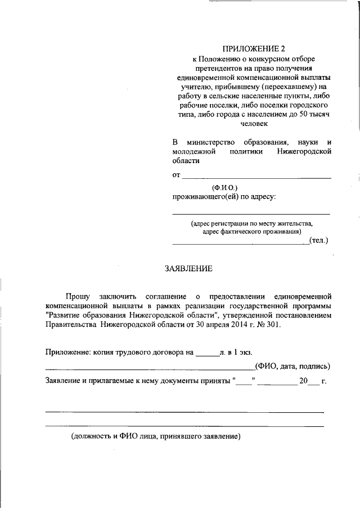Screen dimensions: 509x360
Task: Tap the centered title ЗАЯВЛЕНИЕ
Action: coord(188,268)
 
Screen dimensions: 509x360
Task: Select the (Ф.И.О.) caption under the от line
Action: coord(225,186)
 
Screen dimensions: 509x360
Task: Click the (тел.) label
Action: coord(319,241)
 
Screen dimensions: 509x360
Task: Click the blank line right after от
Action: coord(256,176)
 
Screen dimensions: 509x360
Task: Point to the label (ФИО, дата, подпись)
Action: coord(292,367)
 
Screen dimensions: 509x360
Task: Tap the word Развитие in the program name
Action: coord(67,315)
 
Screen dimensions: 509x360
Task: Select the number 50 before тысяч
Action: coord(303,115)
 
